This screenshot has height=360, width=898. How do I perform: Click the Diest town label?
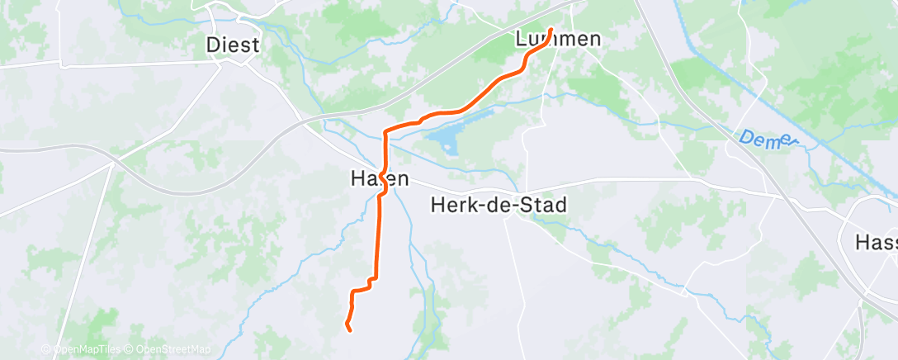233,45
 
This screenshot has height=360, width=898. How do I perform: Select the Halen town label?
379,178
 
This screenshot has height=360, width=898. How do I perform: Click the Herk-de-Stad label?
499,205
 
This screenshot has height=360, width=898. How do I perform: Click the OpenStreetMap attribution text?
170,349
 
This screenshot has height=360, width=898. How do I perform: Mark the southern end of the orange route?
350,330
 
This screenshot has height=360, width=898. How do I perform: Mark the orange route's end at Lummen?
551,31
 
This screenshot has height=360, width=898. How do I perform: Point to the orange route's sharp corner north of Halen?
385,131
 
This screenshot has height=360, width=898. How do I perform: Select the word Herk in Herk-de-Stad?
451,205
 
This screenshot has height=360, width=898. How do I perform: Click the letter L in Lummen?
521,39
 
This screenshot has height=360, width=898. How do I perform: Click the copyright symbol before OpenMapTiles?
46,349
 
